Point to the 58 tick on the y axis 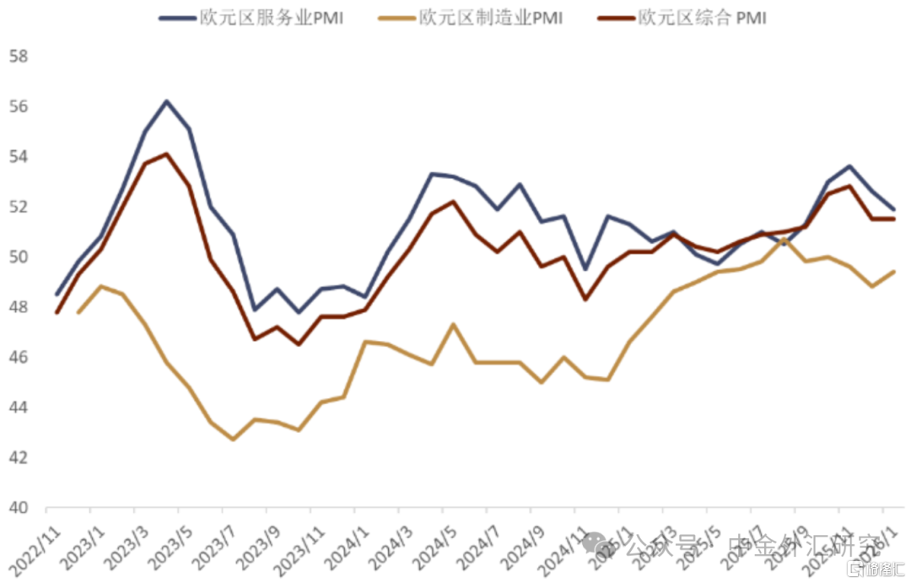tap(19, 57)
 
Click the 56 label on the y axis tap(19, 107)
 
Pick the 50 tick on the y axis tap(19, 257)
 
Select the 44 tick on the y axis tap(19, 408)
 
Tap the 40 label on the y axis tap(19, 508)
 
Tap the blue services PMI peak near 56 tap(166, 101)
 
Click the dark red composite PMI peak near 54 tap(166, 154)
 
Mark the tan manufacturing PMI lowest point tap(233, 440)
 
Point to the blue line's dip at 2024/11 tap(585, 269)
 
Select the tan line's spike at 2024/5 tap(454, 324)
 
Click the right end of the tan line tap(894, 271)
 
